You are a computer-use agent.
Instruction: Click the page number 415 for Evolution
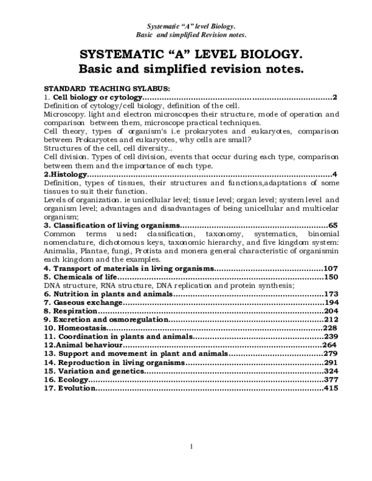(x=330, y=388)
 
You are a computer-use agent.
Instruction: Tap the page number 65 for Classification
(x=332, y=225)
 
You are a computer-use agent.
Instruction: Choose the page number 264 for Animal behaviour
(x=330, y=345)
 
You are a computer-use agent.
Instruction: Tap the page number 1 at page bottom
(x=192, y=446)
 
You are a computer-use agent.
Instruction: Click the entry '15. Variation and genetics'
(x=93, y=371)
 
